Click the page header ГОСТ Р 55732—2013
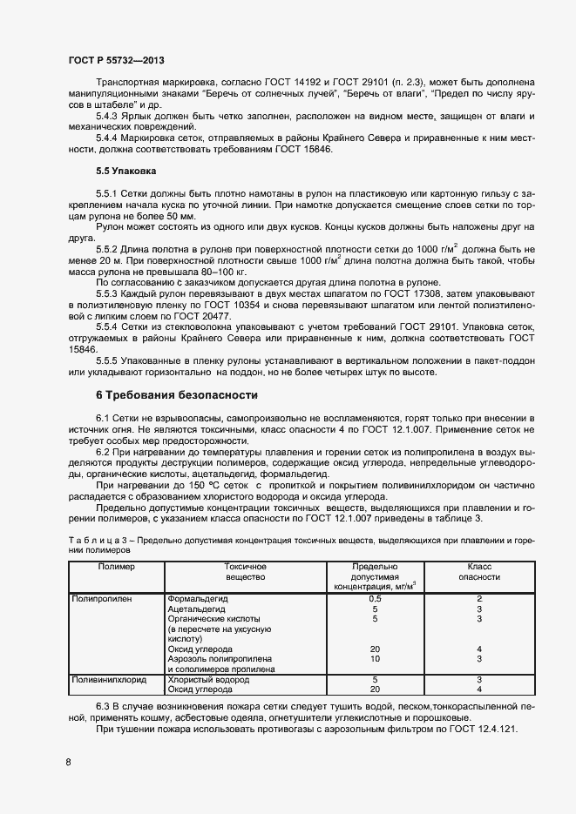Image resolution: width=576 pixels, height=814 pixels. pos(115,61)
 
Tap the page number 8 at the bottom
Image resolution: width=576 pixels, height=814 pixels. pos(69,763)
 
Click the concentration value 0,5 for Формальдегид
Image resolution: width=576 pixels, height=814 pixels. pos(375,599)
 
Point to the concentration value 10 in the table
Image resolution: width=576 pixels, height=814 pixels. pos(375,659)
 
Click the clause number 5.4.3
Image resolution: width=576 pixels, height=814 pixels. pos(109,115)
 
